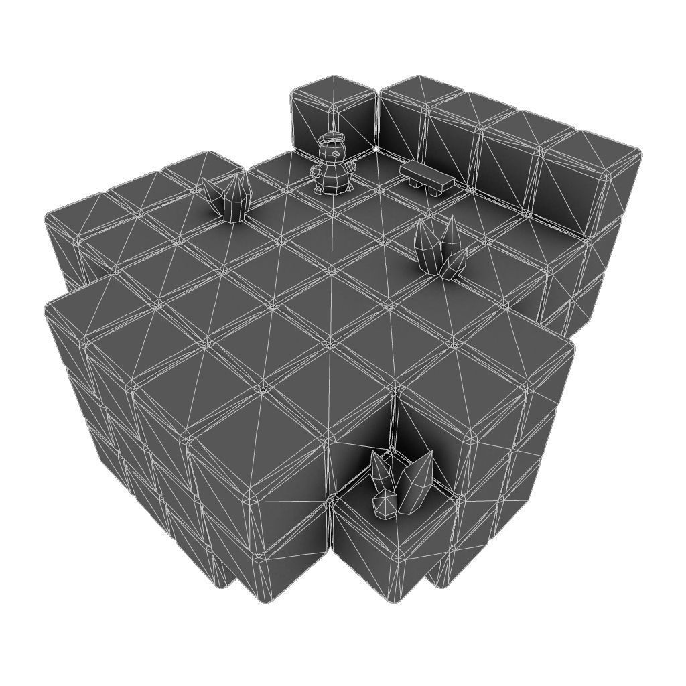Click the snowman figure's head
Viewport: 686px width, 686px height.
coord(333,153)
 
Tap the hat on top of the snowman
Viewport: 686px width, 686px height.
coord(333,139)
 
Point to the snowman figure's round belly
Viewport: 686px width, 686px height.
coord(333,176)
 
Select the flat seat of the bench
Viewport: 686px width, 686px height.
coord(425,174)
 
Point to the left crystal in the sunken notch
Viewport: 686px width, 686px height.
coord(382,469)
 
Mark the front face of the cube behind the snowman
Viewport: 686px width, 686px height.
coord(355,131)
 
